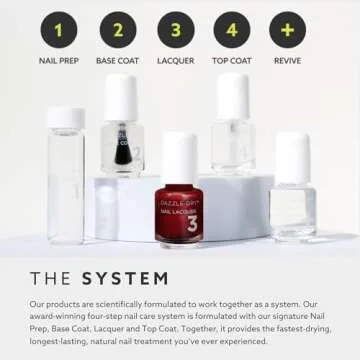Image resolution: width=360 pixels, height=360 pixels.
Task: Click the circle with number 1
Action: click(58, 31)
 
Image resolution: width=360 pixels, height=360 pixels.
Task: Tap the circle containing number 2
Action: click(116, 31)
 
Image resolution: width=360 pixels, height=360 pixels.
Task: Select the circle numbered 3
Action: click(175, 31)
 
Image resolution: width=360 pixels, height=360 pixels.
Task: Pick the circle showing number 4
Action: click(232, 31)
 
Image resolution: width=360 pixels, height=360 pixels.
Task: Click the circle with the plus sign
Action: click(288, 31)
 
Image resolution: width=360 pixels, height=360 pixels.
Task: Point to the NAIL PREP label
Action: click(58, 62)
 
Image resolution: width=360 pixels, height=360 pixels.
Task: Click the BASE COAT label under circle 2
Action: click(116, 62)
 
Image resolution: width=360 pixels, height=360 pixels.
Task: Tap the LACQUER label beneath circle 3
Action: click(175, 62)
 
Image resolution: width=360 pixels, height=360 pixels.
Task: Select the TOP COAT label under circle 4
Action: click(232, 62)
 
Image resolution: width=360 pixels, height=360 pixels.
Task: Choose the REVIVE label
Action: click(288, 62)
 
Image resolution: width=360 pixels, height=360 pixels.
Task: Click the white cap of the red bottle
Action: click(179, 158)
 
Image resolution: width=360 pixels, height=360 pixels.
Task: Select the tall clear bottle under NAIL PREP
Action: click(65, 180)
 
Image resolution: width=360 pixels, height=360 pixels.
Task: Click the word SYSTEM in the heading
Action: click(125, 278)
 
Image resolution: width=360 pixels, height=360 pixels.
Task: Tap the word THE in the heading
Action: click(50, 278)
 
